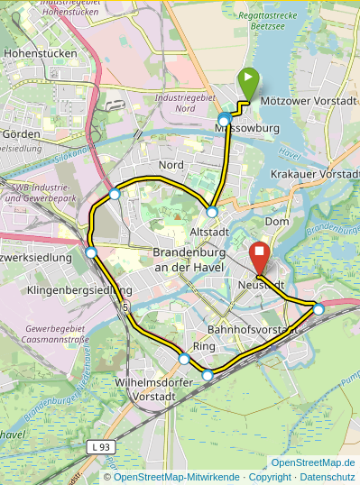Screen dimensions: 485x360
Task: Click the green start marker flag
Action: [x=247, y=83]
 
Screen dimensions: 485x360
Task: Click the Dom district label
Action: [x=276, y=221]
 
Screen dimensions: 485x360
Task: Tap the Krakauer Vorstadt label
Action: [x=315, y=173]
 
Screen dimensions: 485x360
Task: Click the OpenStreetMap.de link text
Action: [x=313, y=462]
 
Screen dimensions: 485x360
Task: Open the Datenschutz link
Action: [x=328, y=476]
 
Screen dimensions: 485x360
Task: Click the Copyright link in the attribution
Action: [x=270, y=476]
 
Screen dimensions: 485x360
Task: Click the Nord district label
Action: [x=171, y=165]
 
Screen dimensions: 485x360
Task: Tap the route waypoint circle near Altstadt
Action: [x=212, y=212]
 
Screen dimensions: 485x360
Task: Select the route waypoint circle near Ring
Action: [x=184, y=359]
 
